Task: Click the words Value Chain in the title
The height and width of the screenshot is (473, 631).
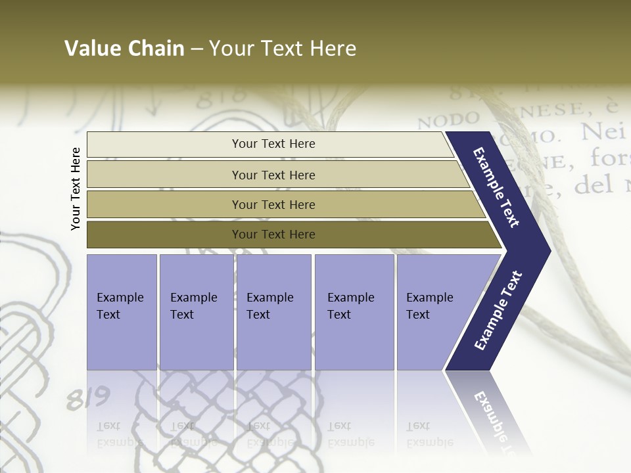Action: point(124,49)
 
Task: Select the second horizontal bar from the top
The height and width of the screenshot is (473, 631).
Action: point(273,175)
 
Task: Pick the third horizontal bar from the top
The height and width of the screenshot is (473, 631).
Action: point(273,205)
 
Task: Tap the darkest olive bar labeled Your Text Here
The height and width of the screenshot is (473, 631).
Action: point(273,235)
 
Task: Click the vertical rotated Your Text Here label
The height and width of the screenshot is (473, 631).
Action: point(76,189)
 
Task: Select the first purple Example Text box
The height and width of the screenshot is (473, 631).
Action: point(122,311)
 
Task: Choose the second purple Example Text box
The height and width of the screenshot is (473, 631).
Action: point(196,311)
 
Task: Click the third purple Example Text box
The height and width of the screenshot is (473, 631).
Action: point(273,311)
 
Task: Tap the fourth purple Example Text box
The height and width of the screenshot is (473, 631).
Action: point(354,311)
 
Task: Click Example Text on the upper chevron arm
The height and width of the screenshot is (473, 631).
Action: point(496,187)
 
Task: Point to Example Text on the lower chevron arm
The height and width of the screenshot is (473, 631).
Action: point(498,311)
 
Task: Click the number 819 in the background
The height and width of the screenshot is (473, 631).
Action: point(87,398)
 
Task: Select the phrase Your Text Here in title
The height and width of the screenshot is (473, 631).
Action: point(283,49)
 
